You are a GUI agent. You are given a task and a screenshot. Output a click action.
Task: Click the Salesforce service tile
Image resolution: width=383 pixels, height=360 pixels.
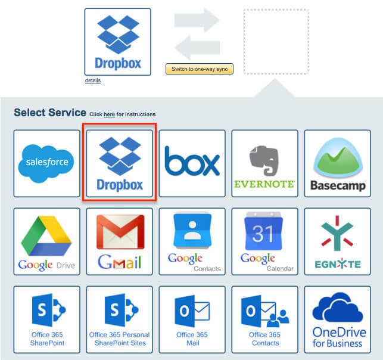(46, 163)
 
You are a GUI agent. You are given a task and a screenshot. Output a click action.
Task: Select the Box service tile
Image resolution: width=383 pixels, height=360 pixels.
(192, 163)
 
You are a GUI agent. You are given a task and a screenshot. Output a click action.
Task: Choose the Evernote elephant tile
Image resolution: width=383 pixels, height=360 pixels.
(264, 163)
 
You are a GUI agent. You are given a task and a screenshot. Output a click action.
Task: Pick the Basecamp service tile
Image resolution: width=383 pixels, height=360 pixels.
(338, 163)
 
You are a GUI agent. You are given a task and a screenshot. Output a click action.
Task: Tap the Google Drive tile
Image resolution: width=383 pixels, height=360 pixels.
(46, 241)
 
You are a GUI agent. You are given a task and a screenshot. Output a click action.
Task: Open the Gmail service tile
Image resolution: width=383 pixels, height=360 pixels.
(120, 241)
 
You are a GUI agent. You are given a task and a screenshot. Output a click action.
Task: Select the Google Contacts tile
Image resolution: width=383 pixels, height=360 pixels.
(192, 241)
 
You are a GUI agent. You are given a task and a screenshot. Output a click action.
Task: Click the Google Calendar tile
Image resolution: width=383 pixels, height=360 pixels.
(264, 241)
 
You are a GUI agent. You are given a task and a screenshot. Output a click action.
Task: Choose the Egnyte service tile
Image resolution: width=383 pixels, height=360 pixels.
(338, 241)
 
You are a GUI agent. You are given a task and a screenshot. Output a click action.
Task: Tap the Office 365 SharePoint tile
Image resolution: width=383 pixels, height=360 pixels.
(46, 319)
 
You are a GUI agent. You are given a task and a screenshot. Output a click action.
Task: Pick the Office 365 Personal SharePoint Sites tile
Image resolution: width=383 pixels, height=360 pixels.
(120, 319)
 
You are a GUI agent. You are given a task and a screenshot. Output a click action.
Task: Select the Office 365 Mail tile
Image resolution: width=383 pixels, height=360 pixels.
(192, 319)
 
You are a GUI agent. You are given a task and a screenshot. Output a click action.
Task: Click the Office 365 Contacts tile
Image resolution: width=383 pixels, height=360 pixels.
(264, 319)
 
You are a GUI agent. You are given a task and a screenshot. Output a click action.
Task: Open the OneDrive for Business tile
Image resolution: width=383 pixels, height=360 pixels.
(338, 319)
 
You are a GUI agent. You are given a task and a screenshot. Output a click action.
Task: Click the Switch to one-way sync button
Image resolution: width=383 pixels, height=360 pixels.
(200, 69)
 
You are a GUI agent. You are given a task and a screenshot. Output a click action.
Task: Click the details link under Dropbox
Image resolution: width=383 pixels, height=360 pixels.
(93, 80)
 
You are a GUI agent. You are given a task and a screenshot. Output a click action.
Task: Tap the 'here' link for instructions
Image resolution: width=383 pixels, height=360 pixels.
(109, 114)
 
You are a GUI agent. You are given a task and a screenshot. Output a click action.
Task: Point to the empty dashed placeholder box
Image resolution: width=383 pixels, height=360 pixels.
(276, 41)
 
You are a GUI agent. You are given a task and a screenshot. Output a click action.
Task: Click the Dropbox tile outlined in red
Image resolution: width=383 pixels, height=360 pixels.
(120, 162)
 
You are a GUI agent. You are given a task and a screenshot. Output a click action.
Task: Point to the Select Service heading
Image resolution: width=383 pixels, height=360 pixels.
(49, 113)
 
